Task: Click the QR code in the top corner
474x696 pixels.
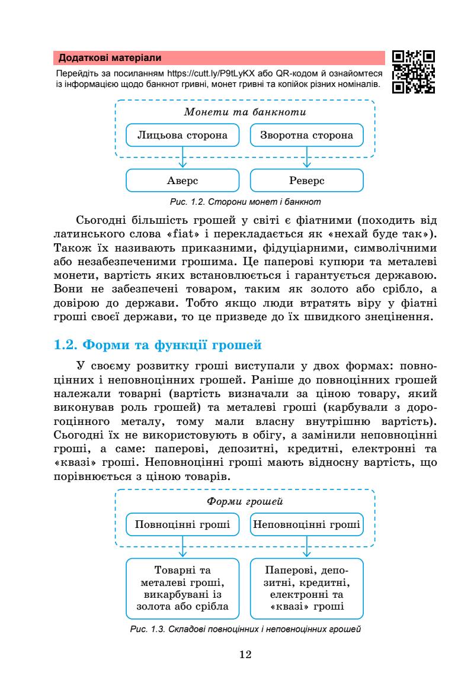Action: (414, 73)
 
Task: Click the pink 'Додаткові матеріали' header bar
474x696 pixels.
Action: (219, 58)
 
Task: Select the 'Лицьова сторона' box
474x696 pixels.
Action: (182, 135)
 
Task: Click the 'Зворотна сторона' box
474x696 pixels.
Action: (307, 135)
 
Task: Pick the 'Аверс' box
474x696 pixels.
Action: (182, 180)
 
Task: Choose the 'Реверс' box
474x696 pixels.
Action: (307, 180)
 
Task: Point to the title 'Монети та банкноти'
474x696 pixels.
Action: (245, 111)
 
